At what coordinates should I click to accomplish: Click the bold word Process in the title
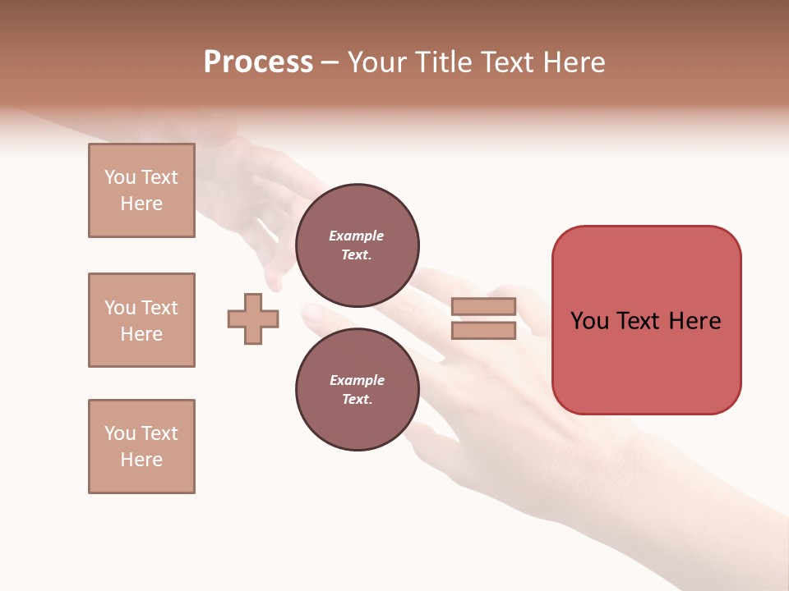click(258, 62)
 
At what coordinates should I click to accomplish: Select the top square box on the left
click(141, 190)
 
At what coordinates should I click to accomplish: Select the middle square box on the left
click(141, 320)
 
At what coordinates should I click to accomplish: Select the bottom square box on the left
click(141, 447)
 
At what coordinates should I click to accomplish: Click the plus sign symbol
click(253, 318)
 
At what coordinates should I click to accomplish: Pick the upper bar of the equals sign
click(483, 306)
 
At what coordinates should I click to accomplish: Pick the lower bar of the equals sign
click(483, 331)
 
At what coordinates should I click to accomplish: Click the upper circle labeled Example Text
click(357, 245)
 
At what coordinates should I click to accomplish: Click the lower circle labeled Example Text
click(357, 390)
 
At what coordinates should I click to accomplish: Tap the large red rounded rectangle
click(646, 361)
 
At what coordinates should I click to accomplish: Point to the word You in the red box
click(589, 321)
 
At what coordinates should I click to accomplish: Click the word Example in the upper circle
click(357, 236)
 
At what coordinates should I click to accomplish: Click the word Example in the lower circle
click(357, 380)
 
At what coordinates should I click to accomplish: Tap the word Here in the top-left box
click(141, 204)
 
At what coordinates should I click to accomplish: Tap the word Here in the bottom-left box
click(141, 460)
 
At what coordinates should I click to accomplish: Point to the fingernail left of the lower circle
click(312, 314)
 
